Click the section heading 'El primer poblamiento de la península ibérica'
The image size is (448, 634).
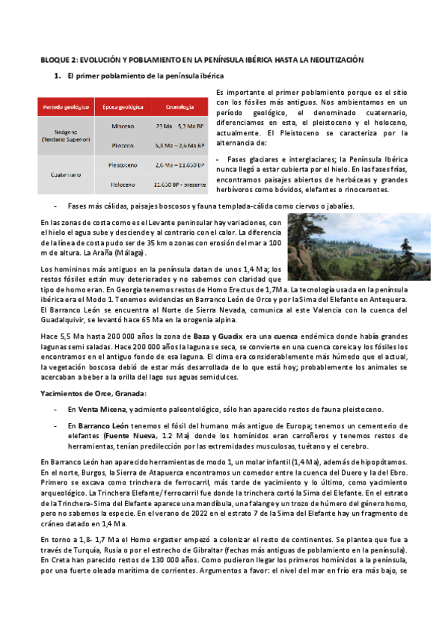point(145,76)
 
